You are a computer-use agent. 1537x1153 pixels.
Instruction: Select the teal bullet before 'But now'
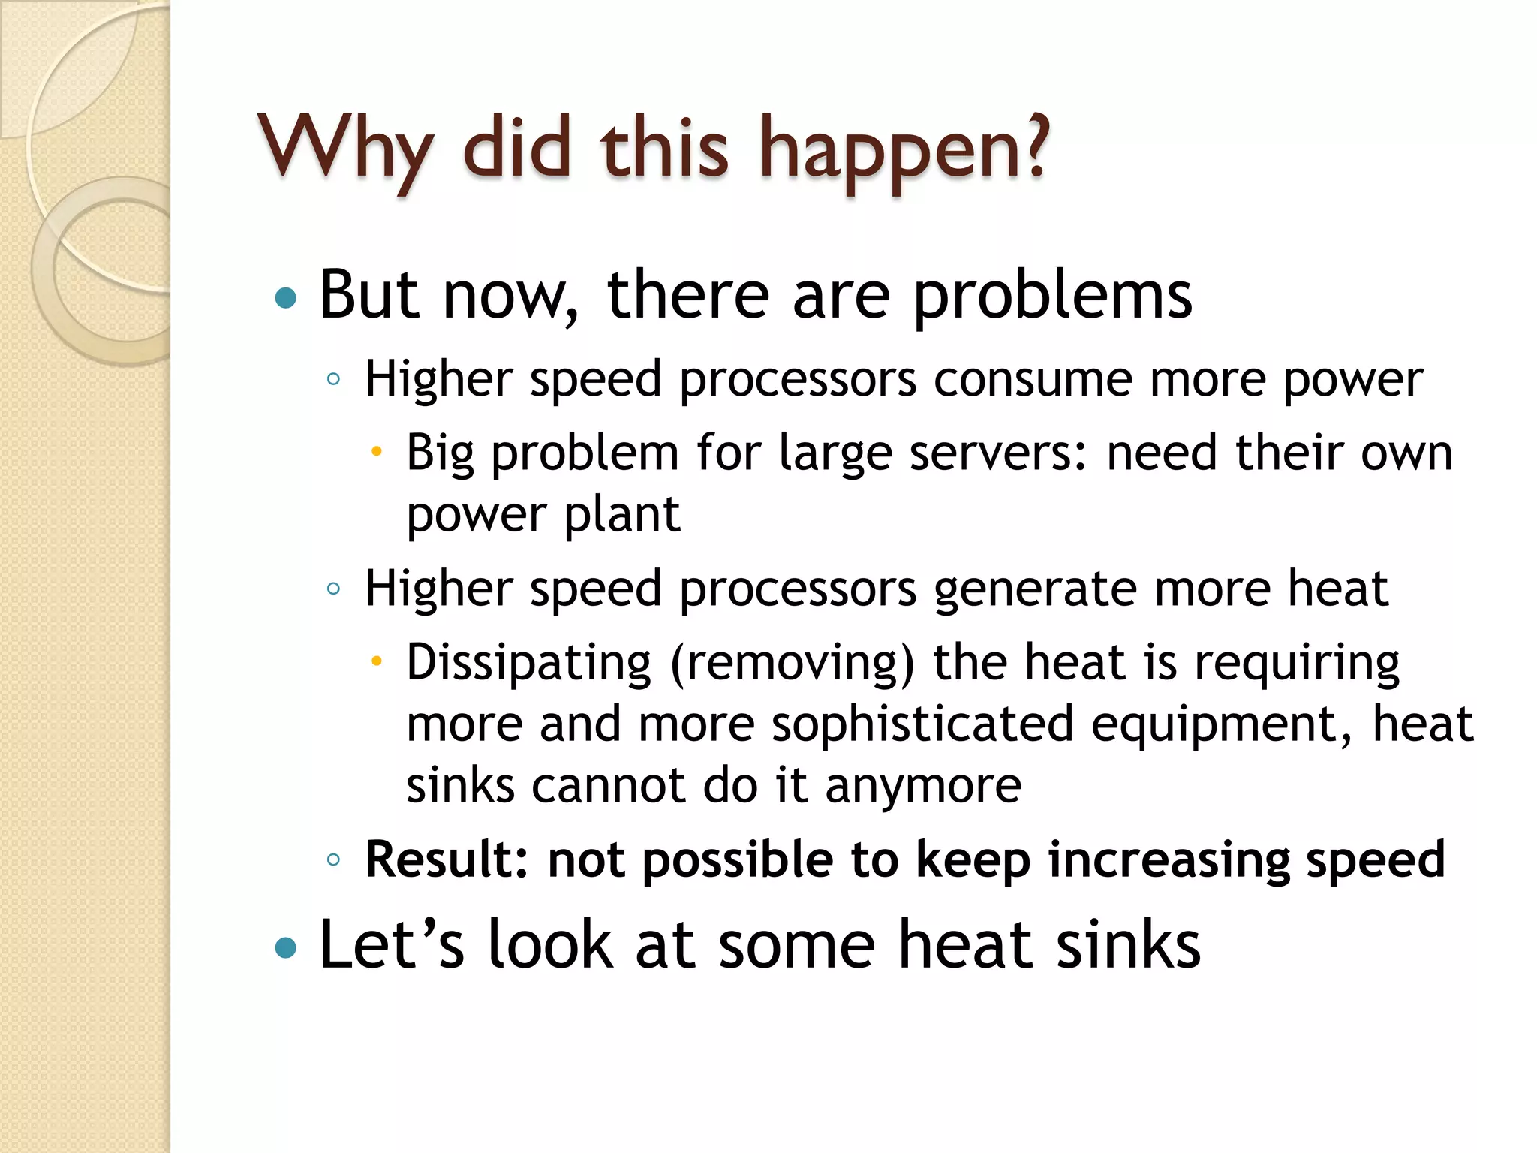[x=286, y=299]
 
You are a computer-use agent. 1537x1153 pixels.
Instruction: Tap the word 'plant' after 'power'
[x=622, y=515]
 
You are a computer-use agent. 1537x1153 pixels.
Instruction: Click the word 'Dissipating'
[x=528, y=663]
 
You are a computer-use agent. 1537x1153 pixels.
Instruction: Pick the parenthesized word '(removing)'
[x=793, y=663]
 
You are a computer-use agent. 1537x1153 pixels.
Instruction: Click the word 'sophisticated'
[x=922, y=724]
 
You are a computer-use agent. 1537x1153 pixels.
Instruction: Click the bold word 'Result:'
[x=447, y=859]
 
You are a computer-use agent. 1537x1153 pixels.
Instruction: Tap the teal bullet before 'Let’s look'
[x=286, y=948]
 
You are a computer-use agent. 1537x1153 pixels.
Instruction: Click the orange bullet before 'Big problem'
[x=377, y=452]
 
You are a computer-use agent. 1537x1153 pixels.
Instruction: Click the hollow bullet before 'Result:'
[x=334, y=859]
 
